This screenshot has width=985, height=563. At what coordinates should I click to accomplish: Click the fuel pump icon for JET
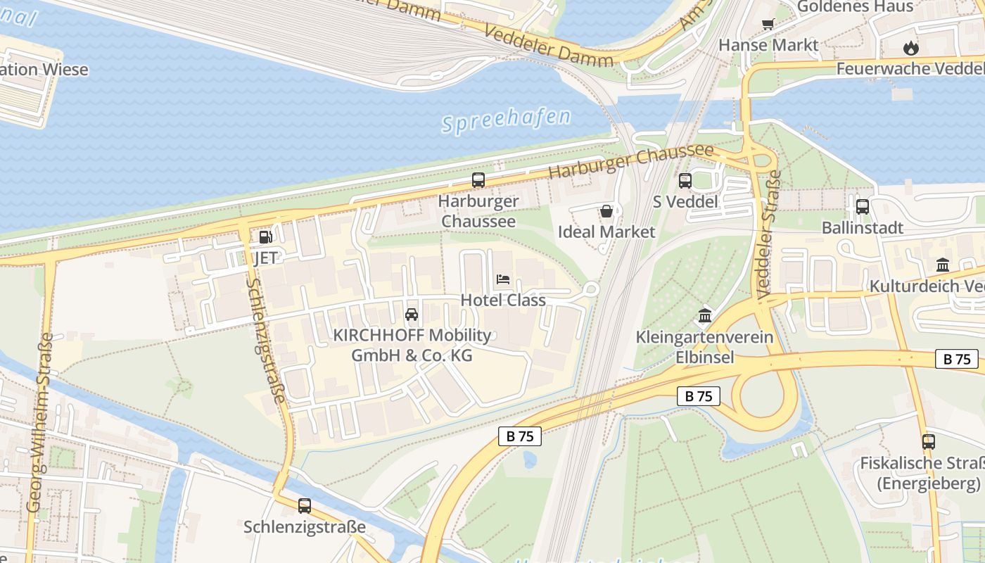pos(265,237)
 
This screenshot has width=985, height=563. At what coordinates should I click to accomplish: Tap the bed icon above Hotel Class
pos(503,279)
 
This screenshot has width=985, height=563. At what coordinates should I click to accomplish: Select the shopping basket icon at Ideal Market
pos(606,211)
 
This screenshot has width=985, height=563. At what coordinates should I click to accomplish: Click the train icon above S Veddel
pos(685,181)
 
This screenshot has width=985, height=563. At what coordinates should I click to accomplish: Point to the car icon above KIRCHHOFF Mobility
pos(412,314)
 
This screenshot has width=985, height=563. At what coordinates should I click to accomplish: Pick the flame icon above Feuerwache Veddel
pos(911,48)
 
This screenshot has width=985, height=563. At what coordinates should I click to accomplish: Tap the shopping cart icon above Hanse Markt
pos(768,25)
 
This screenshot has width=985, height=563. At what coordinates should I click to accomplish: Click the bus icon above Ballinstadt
pos(862,207)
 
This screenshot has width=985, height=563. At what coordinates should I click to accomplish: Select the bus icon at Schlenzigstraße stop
pos(305,505)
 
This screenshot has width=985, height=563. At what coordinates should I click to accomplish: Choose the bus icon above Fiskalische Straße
pos(929,442)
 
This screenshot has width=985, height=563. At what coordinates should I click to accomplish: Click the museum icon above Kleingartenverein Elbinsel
pos(704,315)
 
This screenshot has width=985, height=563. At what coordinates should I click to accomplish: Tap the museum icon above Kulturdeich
pos(943,265)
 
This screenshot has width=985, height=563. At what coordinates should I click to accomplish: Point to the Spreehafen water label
pos(506,119)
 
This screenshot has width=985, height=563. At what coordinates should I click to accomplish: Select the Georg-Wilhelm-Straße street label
pos(41,422)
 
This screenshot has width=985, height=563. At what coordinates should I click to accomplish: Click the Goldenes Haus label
pos(855,6)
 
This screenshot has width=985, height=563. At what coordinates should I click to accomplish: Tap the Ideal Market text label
pos(606,232)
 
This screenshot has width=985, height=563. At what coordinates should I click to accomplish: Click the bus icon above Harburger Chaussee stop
pos(478,180)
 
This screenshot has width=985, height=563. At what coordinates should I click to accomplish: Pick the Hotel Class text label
pos(503,300)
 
